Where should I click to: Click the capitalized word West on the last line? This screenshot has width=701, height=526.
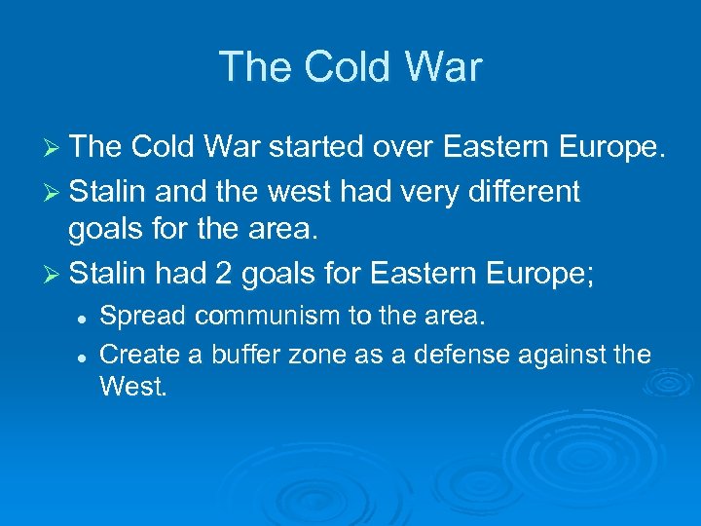pyautogui.click(x=132, y=388)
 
